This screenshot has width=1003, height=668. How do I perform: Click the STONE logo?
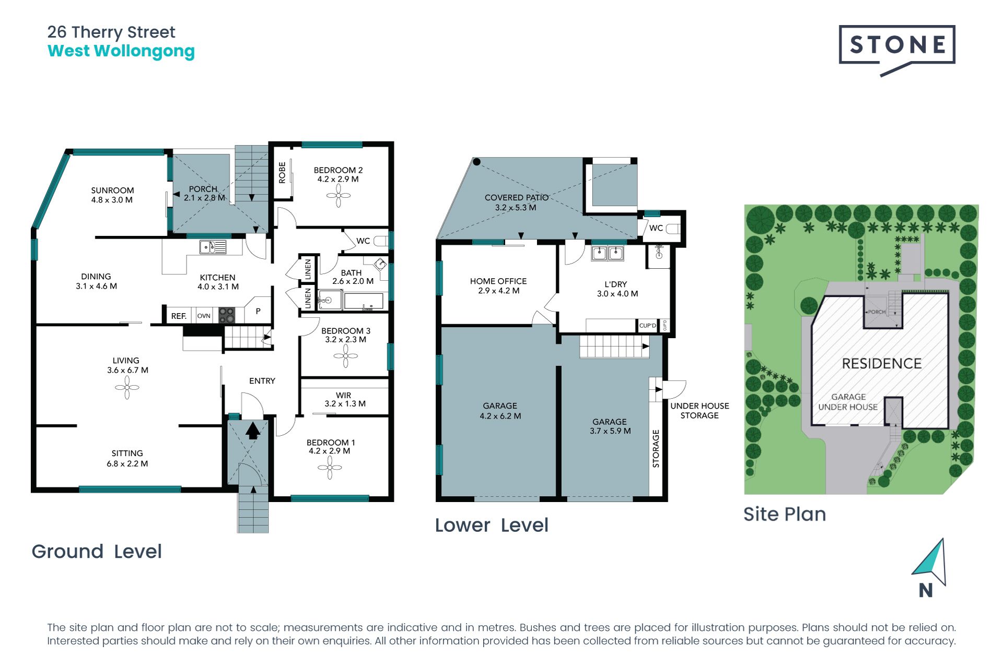pos(897,50)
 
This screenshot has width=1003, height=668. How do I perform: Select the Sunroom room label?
pos(112,195)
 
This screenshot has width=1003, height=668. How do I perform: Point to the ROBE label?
pos(282,172)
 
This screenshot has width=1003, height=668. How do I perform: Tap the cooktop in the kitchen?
pos(227,315)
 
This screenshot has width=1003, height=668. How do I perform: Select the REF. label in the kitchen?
pos(179,316)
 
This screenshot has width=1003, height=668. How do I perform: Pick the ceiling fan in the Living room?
pos(127,388)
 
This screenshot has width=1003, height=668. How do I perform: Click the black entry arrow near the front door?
pos(253,431)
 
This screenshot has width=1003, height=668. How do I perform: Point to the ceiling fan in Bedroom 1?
pos(330,468)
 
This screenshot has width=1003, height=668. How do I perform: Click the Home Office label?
pos(498,285)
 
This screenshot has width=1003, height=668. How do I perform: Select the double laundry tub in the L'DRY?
pos(608,254)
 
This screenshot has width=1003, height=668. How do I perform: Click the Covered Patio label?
pos(517,202)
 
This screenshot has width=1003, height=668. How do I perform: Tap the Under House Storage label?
pos(699,411)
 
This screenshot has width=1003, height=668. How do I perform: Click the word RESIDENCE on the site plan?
pos(882,364)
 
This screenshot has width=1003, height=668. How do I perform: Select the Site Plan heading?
pos(785,515)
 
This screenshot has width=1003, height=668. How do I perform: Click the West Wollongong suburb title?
pos(121,52)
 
